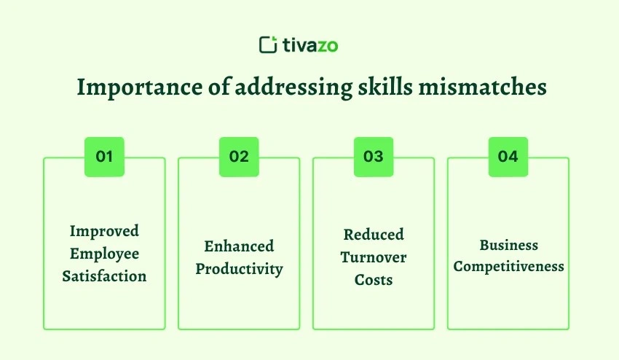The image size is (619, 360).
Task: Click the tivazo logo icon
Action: pyautogui.click(x=268, y=44)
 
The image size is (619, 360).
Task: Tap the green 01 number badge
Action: pyautogui.click(x=104, y=157)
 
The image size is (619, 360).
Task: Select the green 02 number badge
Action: pyautogui.click(x=239, y=157)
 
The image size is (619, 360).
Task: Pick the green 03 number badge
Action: pyautogui.click(x=373, y=157)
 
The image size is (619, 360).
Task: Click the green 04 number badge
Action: pyautogui.click(x=508, y=157)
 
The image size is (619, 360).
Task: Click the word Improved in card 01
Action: pyautogui.click(x=104, y=231)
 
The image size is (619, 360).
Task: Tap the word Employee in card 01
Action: pyautogui.click(x=104, y=254)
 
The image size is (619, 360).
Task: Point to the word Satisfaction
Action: pyautogui.click(x=104, y=276)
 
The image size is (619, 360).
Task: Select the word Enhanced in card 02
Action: pyautogui.click(x=239, y=246)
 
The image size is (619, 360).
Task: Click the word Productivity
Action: pyautogui.click(x=239, y=269)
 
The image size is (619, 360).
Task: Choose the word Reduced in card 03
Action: pyautogui.click(x=373, y=235)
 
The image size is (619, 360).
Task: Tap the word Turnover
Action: pyautogui.click(x=373, y=257)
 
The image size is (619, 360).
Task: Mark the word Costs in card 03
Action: pyautogui.click(x=373, y=280)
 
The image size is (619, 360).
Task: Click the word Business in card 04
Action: pyautogui.click(x=508, y=245)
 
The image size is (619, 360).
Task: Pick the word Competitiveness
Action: pyautogui.click(x=508, y=266)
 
